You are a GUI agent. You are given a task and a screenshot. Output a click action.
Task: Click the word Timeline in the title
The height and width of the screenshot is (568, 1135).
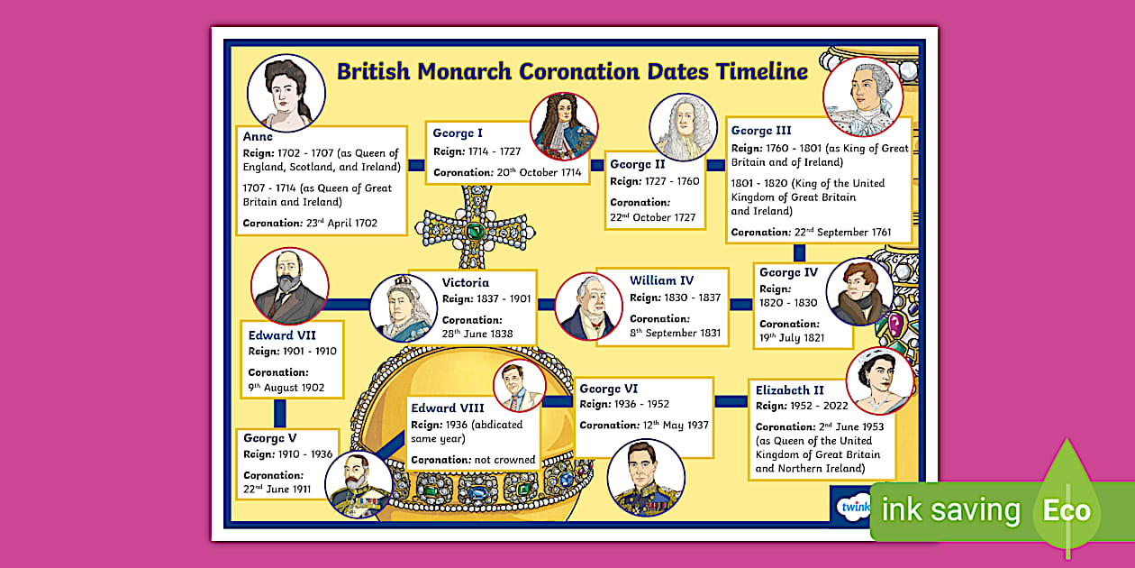(761, 71)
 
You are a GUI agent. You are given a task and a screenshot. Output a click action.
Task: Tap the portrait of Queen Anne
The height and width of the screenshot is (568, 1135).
(286, 94)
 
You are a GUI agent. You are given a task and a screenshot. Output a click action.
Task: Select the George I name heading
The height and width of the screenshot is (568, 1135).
(458, 133)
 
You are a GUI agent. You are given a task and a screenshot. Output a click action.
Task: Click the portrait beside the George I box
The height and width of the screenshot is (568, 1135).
(564, 126)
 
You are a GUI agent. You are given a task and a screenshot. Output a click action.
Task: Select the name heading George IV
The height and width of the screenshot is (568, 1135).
(788, 272)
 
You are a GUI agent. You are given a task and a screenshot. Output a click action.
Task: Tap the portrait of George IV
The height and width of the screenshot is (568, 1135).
(858, 292)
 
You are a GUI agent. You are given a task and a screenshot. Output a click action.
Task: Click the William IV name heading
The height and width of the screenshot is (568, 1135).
(661, 280)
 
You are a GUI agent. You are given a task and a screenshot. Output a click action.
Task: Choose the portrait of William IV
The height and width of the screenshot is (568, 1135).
(588, 307)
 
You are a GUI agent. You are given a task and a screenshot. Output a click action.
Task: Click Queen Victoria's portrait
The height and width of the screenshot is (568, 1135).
(403, 307)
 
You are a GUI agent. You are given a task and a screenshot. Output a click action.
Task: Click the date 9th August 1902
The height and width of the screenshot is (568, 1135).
(286, 388)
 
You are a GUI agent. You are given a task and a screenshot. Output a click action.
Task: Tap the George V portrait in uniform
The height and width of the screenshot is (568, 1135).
(358, 484)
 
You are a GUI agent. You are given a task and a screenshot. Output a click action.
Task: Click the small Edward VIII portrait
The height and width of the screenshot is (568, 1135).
(519, 385)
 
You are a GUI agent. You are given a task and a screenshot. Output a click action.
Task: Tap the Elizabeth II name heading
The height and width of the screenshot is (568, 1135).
(789, 390)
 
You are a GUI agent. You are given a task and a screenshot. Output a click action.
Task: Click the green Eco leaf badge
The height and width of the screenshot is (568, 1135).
(1067, 510)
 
